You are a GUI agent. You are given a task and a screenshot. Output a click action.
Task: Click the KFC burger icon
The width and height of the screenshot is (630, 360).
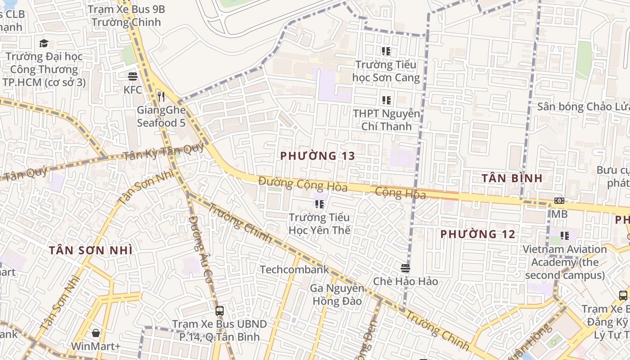(132, 76)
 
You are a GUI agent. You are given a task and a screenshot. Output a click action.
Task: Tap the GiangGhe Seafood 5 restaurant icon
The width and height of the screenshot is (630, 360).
(161, 96)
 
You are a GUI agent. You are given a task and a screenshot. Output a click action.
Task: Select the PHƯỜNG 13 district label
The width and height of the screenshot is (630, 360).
(318, 156)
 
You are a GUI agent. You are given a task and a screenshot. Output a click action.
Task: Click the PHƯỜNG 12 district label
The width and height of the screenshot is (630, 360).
(477, 234)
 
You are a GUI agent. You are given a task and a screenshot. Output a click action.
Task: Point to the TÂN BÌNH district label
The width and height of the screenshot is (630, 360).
(512, 178)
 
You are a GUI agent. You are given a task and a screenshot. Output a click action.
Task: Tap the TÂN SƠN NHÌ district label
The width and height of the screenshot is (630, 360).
(90, 250)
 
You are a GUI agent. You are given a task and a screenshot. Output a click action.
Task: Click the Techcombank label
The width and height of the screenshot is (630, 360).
(295, 270)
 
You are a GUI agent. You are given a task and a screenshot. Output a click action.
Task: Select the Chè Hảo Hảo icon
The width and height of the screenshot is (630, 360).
(405, 268)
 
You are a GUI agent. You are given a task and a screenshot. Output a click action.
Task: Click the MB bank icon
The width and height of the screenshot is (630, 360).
(559, 201)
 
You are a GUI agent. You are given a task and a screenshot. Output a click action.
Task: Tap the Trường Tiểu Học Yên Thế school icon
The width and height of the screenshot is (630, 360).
(319, 204)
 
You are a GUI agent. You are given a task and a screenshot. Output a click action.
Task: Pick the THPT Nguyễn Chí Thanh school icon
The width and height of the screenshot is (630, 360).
(386, 100)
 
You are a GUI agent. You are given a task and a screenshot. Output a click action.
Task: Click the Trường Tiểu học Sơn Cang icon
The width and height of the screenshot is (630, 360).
(386, 51)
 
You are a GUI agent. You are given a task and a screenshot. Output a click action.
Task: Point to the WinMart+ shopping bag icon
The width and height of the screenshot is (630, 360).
(96, 333)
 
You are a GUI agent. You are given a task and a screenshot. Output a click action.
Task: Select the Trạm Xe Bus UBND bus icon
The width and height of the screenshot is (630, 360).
(220, 310)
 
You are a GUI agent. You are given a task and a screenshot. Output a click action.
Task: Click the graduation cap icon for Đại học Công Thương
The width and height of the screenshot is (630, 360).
(44, 43)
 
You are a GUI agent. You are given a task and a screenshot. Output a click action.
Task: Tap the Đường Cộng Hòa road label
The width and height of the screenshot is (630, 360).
(302, 184)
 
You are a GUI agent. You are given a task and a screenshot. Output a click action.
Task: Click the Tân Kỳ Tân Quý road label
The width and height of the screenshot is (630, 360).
(163, 152)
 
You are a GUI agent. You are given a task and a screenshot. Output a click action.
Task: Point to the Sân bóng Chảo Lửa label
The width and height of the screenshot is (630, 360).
(583, 107)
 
